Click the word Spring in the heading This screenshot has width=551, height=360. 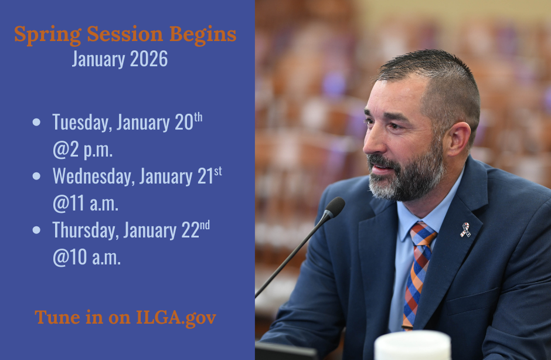48,35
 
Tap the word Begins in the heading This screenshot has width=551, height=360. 203,35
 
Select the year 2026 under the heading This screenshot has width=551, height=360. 149,59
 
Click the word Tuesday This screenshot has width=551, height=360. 82,123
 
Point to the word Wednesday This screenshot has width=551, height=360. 94,176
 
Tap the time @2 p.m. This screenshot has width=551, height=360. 83,150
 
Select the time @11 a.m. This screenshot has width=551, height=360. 86,204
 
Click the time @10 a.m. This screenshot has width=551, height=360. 87,258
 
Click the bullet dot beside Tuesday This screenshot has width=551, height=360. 36,122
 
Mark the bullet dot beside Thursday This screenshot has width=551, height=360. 36,230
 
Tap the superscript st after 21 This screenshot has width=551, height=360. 218,171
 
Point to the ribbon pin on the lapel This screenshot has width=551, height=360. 465,230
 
